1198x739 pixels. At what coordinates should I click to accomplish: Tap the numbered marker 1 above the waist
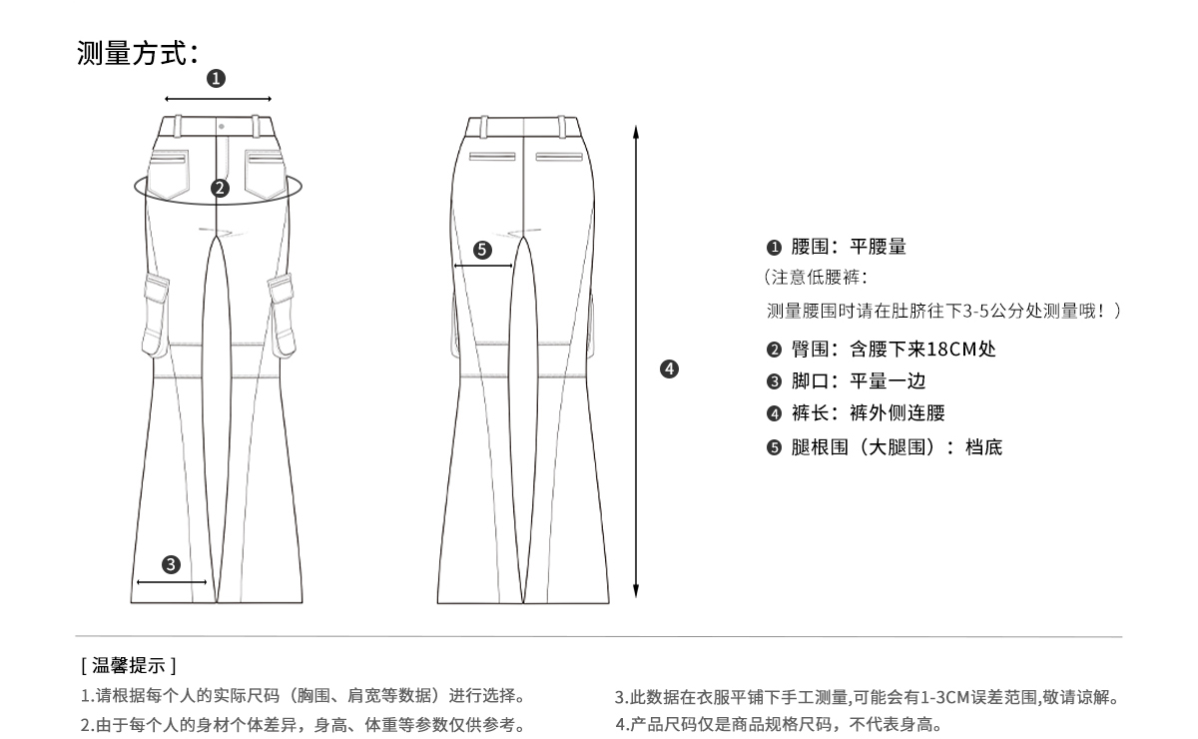[x=217, y=79]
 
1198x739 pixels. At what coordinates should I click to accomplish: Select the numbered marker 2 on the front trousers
[x=220, y=187]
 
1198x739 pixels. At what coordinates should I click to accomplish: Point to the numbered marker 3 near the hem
[x=172, y=565]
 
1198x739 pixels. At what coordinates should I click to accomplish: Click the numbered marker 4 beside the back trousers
[x=670, y=369]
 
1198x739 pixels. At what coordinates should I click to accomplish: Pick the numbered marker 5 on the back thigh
[x=483, y=250]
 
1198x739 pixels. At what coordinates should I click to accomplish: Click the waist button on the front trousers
[x=221, y=126]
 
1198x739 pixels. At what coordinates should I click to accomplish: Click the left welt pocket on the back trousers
[x=492, y=157]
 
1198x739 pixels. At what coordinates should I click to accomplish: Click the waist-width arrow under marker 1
[x=218, y=99]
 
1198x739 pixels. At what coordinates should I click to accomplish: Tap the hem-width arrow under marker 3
[x=172, y=581]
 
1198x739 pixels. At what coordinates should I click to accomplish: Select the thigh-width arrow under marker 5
[x=483, y=266]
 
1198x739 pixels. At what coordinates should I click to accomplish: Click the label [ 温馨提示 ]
[x=128, y=664]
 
